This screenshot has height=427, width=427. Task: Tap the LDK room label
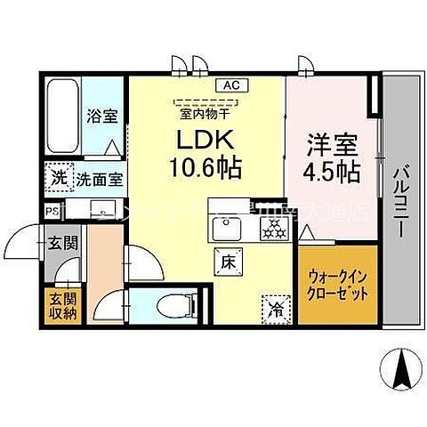(209, 141)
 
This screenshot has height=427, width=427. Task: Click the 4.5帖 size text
(332, 171)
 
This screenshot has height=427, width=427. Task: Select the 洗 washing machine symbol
(58, 176)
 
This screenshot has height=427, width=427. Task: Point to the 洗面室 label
(101, 178)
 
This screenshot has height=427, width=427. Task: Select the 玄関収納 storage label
(61, 304)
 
